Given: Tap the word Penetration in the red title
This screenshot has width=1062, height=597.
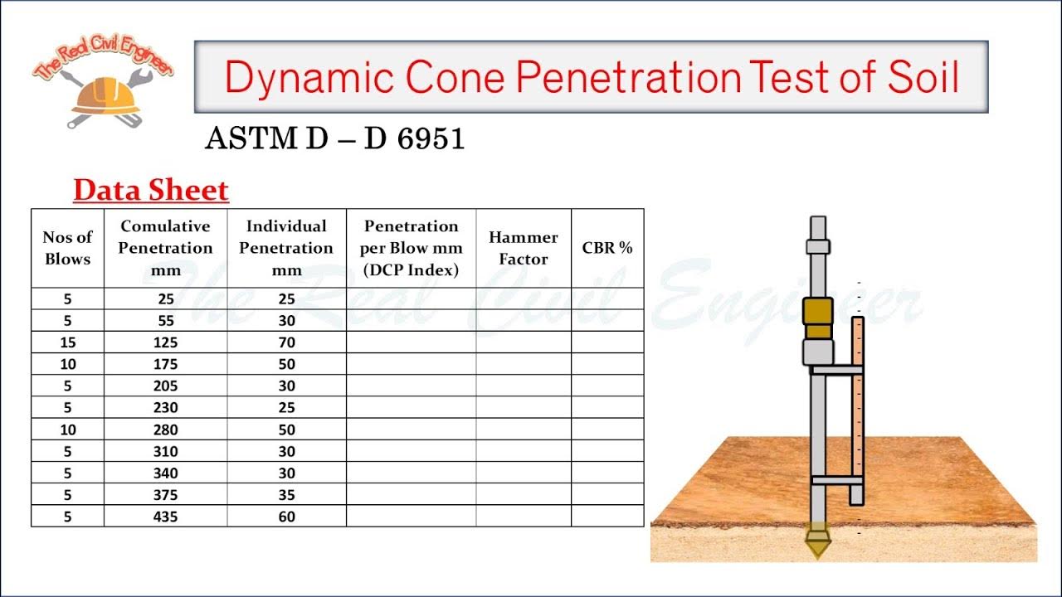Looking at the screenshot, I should [627, 77].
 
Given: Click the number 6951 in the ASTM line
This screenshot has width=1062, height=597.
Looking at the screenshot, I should [431, 139].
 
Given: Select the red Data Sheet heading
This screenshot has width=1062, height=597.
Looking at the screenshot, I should [150, 191].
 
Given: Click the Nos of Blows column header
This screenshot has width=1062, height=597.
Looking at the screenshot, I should [67, 248].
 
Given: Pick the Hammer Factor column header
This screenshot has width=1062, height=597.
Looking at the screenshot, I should [523, 248].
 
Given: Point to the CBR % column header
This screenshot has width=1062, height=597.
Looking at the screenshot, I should [607, 248].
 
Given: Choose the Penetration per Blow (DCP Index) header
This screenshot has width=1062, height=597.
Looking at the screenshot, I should [411, 248].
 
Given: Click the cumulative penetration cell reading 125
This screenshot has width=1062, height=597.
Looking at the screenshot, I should [165, 342].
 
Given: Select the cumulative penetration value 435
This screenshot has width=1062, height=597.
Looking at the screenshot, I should [165, 517].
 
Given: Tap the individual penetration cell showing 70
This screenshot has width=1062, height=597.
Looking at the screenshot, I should [286, 342].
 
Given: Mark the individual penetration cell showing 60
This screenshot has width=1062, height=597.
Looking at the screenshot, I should [286, 517].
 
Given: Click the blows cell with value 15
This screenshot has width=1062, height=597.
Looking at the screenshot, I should [67, 342].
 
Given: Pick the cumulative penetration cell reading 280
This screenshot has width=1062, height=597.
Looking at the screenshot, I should [165, 430].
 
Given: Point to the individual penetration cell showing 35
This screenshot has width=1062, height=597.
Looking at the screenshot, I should [286, 495].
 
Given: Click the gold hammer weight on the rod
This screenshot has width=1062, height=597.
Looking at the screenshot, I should [817, 318].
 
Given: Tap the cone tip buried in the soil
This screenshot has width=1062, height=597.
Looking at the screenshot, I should [818, 543].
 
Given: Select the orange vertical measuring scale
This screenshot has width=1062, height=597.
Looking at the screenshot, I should [857, 410].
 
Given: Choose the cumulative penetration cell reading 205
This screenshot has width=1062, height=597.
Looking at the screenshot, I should [165, 386].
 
